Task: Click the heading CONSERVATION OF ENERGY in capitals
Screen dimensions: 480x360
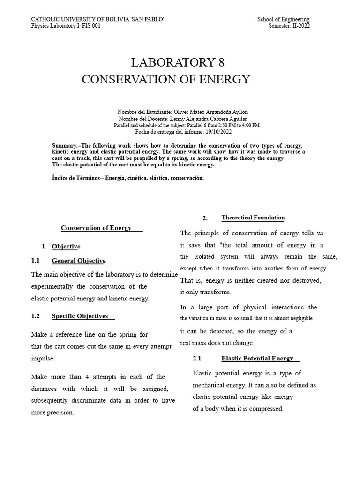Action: tap(166, 80)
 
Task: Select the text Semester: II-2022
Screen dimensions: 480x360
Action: tap(289, 26)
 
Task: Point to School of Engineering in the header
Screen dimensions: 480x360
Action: tap(283, 19)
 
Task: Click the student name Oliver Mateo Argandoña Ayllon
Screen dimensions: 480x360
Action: tap(210, 112)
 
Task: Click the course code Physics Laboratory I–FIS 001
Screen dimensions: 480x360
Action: tap(66, 26)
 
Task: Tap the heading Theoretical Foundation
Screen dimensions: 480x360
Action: tap(253, 217)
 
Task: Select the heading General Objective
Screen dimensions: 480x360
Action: tap(78, 261)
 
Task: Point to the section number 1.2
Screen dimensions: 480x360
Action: tap(36, 316)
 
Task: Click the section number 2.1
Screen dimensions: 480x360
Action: tap(197, 358)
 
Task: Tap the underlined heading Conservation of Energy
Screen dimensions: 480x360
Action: tap(101, 228)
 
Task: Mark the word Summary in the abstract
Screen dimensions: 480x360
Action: tap(64, 145)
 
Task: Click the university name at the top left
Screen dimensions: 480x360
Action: tap(97, 19)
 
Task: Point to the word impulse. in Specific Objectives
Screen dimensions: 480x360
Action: tap(43, 358)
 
